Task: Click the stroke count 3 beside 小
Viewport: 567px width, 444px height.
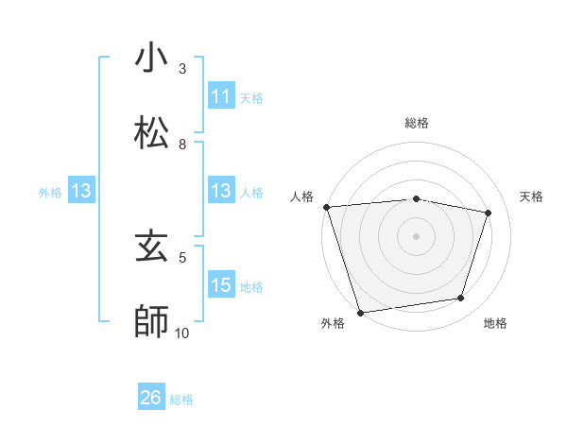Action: [x=182, y=69]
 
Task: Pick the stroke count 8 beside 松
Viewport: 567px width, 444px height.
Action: [x=182, y=145]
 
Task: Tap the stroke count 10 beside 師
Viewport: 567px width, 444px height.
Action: [x=181, y=333]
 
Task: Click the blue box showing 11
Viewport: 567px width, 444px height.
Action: [x=220, y=96]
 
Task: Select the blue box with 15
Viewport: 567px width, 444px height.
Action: [x=220, y=285]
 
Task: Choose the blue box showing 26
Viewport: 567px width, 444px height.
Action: [x=151, y=398]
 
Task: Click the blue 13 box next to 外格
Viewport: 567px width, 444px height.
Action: [x=81, y=191]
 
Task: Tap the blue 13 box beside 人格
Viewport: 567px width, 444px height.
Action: [x=220, y=191]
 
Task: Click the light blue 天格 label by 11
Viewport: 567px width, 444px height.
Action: [x=251, y=97]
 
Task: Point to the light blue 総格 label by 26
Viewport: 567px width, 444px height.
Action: [x=181, y=399]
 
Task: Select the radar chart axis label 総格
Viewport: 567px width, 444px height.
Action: [x=416, y=123]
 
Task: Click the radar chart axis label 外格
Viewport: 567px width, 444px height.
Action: [x=332, y=324]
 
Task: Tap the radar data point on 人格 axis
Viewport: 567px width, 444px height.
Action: [x=326, y=207]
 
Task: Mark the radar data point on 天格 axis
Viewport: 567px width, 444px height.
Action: [x=489, y=213]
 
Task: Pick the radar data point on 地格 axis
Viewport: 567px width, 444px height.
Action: [x=461, y=299]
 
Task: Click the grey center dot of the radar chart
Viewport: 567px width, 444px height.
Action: [x=416, y=236]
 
